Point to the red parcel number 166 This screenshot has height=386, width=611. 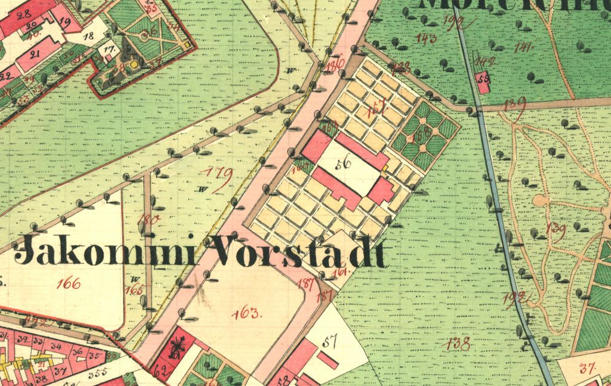click(x=68, y=284)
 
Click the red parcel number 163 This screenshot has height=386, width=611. click(x=246, y=313)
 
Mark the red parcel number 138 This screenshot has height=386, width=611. click(x=457, y=343)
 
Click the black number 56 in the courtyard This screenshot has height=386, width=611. click(x=342, y=165)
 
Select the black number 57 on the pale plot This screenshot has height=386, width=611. click(x=329, y=341)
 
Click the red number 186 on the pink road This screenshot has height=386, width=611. click(x=335, y=64)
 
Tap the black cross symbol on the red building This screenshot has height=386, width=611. click(x=177, y=347)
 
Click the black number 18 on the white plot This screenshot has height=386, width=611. click(x=88, y=36)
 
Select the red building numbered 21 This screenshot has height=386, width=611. click(x=35, y=55)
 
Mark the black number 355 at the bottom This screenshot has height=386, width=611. click(x=97, y=373)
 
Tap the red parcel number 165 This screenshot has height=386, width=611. click(x=135, y=290)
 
